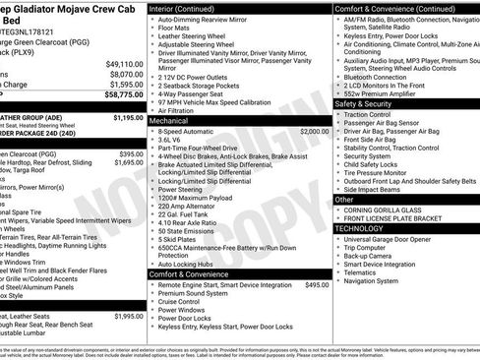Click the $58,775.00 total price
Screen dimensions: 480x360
pos(123,95)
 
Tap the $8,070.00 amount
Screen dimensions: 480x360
pos(125,74)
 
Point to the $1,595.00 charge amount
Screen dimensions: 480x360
pos(125,85)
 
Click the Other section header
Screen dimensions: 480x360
pos(345,199)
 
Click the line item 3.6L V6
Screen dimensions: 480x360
pos(173,141)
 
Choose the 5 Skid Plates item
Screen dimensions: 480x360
pos(178,239)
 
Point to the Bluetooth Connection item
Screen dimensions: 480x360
pos(376,76)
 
